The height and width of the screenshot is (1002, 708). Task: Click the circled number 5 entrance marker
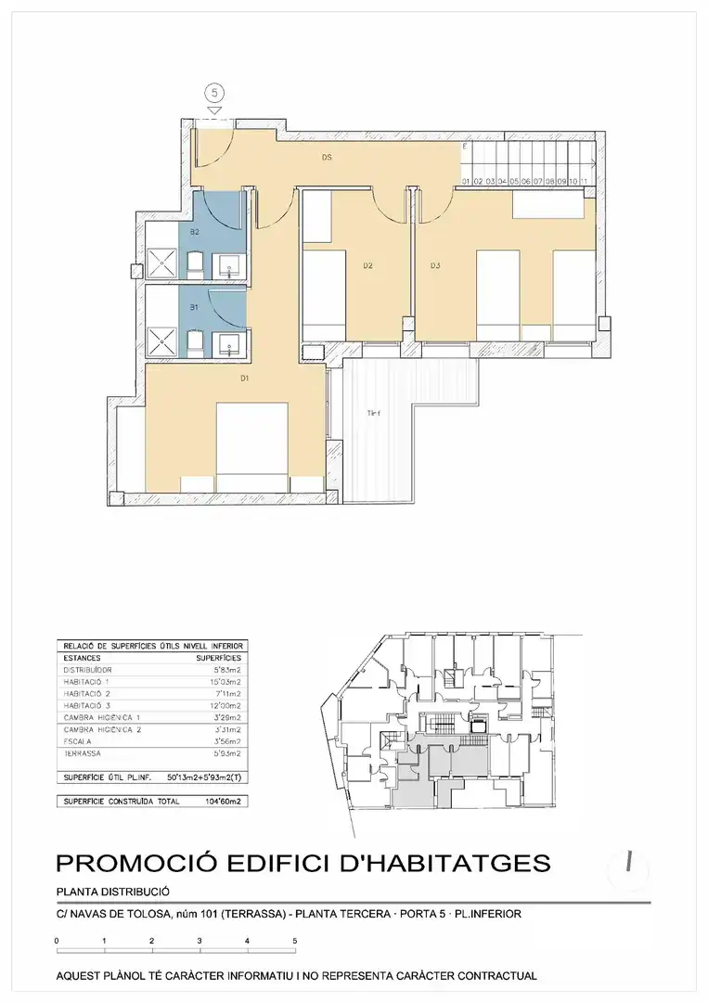[214, 93]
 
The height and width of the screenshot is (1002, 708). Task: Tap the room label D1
[245, 379]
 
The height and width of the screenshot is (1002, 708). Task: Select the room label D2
[367, 266]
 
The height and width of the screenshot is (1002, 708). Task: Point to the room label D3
[434, 266]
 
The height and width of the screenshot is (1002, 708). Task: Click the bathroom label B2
[195, 231]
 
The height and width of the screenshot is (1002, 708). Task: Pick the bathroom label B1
[195, 307]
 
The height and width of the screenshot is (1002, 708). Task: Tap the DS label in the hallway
[327, 158]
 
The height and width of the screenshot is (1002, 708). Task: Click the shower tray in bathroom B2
[163, 263]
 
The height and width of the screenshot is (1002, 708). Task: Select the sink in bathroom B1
[230, 345]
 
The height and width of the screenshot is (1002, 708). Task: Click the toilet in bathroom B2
[196, 266]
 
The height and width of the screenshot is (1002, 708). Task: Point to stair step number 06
[526, 182]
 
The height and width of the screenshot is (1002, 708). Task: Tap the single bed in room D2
[325, 292]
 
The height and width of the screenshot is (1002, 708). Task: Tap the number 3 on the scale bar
[200, 941]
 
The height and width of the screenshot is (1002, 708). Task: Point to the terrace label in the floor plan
[374, 414]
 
